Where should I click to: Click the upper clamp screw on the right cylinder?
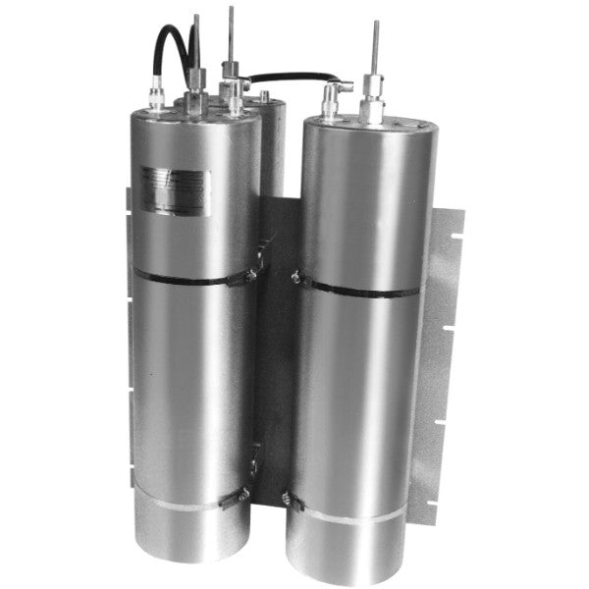(x=297, y=279)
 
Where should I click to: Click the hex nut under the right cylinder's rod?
(x=374, y=103)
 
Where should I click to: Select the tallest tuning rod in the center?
(x=231, y=34)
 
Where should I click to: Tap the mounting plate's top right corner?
(x=455, y=208)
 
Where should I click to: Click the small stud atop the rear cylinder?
(x=263, y=96)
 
